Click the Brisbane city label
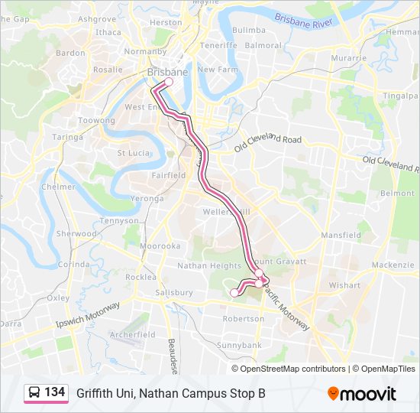click(167, 72)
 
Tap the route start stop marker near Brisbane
click(169, 82)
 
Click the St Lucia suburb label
click(131, 153)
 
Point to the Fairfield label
click(168, 175)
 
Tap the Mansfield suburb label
click(340, 235)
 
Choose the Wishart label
click(344, 285)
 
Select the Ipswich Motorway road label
click(89, 315)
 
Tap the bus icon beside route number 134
click(34, 392)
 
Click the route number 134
click(54, 392)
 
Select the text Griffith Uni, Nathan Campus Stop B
click(170, 393)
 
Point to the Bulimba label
click(249, 30)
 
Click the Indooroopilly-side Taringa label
click(67, 137)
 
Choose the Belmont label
click(397, 193)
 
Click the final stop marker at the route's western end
click(234, 292)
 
